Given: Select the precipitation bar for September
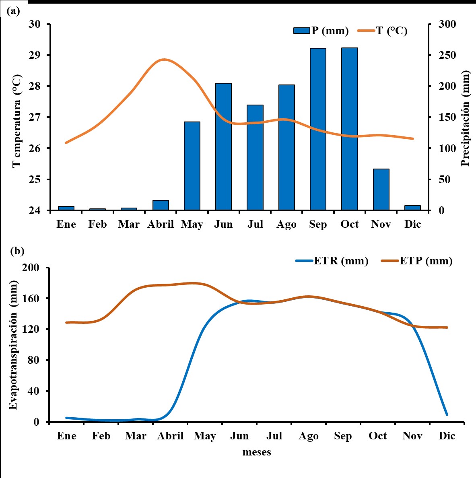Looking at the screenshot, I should coord(318,129).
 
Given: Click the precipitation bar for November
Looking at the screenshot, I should coord(381,190).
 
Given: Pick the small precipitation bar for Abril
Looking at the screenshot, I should coord(161,205).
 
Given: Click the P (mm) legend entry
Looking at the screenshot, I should coord(321,31).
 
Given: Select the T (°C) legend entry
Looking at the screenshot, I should coord(383,31).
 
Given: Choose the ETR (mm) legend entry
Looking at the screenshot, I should coord(332,261).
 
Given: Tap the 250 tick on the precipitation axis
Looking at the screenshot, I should coord(447,55).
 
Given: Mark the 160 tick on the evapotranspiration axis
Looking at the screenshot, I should coord(34,299).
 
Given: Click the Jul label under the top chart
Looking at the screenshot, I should coord(255,225).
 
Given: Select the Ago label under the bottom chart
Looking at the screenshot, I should coord(309,436).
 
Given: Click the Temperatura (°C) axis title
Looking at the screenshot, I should coord(16,121).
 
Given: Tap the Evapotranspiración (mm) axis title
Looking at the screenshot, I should coord(13,345).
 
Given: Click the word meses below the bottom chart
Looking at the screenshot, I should coord(257,452).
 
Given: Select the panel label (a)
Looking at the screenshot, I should coord(13,11).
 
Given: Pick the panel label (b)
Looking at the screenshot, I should coord(17,251).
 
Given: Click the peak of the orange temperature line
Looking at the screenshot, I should coord(164,60).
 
